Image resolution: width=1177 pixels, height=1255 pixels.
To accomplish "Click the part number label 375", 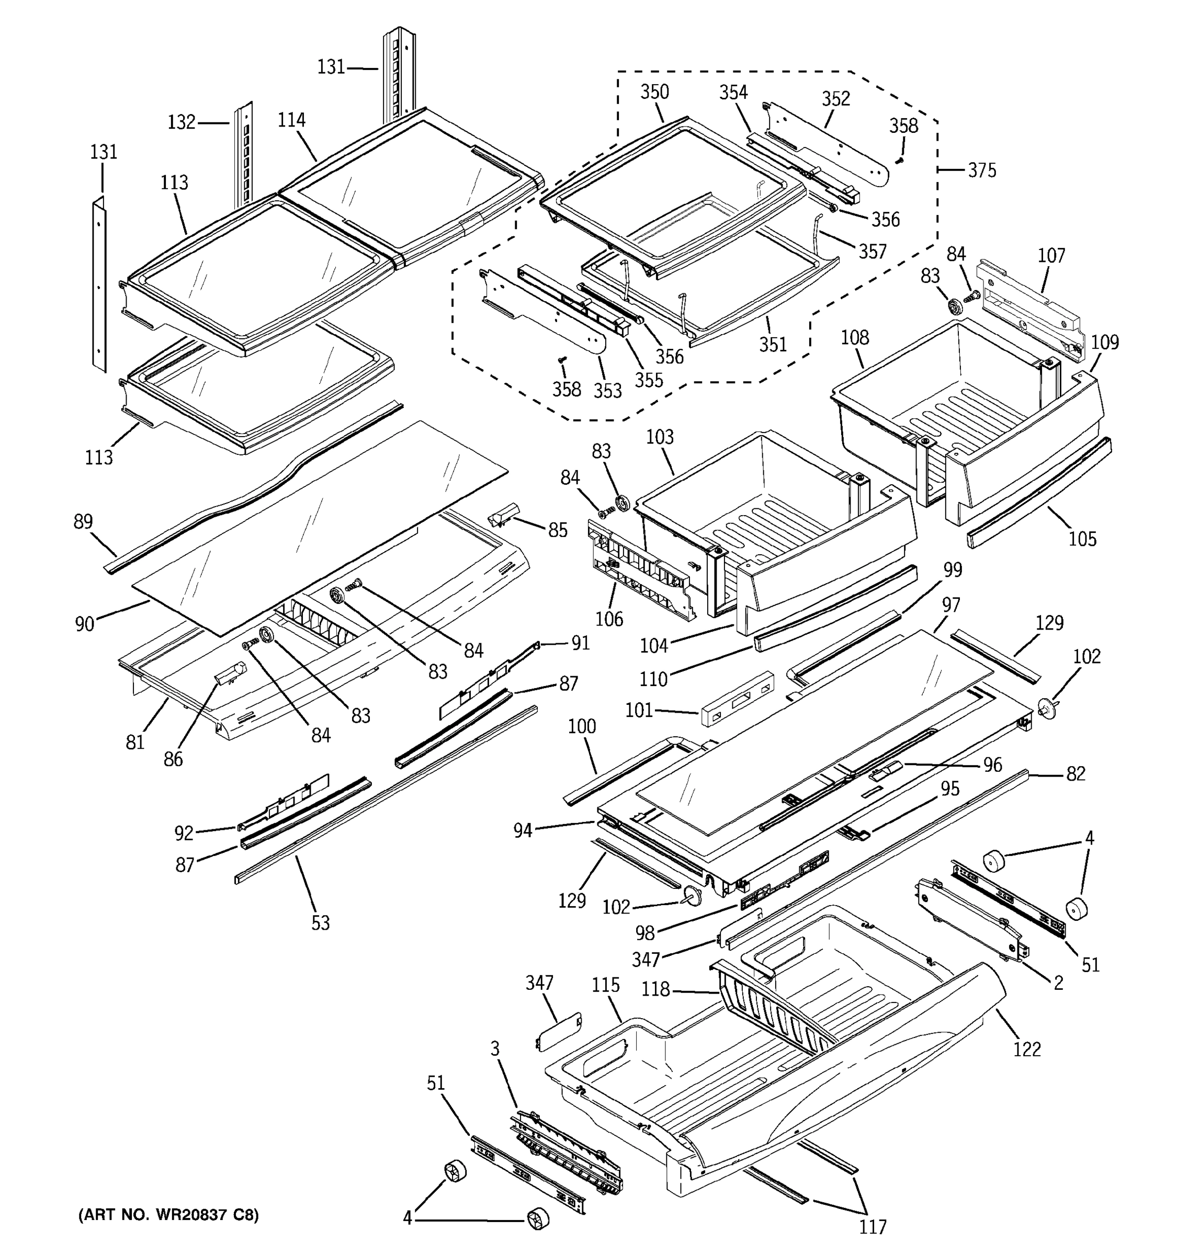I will point(982,170).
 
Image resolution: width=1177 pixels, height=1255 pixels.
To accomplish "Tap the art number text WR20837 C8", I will point(168,1214).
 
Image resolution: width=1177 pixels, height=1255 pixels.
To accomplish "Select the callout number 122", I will point(1027,1049).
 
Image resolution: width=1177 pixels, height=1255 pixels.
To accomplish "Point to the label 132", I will point(181,122).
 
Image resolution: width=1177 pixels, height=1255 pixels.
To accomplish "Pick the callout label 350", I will point(654,92).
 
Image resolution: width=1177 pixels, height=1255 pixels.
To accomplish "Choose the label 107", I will point(1051,256).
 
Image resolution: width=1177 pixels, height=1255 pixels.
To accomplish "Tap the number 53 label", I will point(320,923).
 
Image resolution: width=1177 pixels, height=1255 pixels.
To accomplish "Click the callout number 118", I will point(655,989).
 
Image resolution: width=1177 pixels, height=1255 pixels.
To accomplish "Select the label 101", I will point(638,711).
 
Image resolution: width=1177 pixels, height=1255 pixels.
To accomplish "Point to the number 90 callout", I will point(85,624).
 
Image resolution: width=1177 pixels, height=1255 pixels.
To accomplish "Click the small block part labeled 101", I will point(736,699).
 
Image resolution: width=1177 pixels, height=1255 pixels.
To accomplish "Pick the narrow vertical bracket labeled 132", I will point(244,158).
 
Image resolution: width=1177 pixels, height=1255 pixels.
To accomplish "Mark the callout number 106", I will point(609,619).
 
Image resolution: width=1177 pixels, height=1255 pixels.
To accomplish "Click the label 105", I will point(1082,539).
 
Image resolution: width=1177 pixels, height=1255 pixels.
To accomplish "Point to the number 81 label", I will point(135,743).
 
